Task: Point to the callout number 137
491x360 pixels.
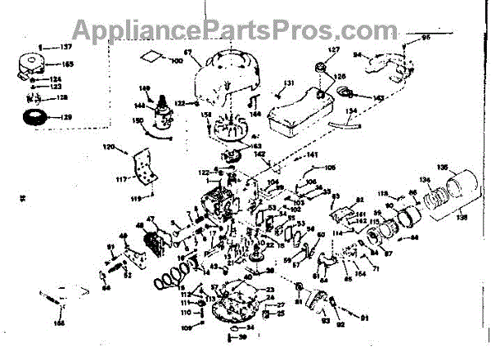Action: point(67,47)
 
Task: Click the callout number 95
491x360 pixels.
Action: point(426,38)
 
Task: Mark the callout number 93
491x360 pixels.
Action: point(327,331)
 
